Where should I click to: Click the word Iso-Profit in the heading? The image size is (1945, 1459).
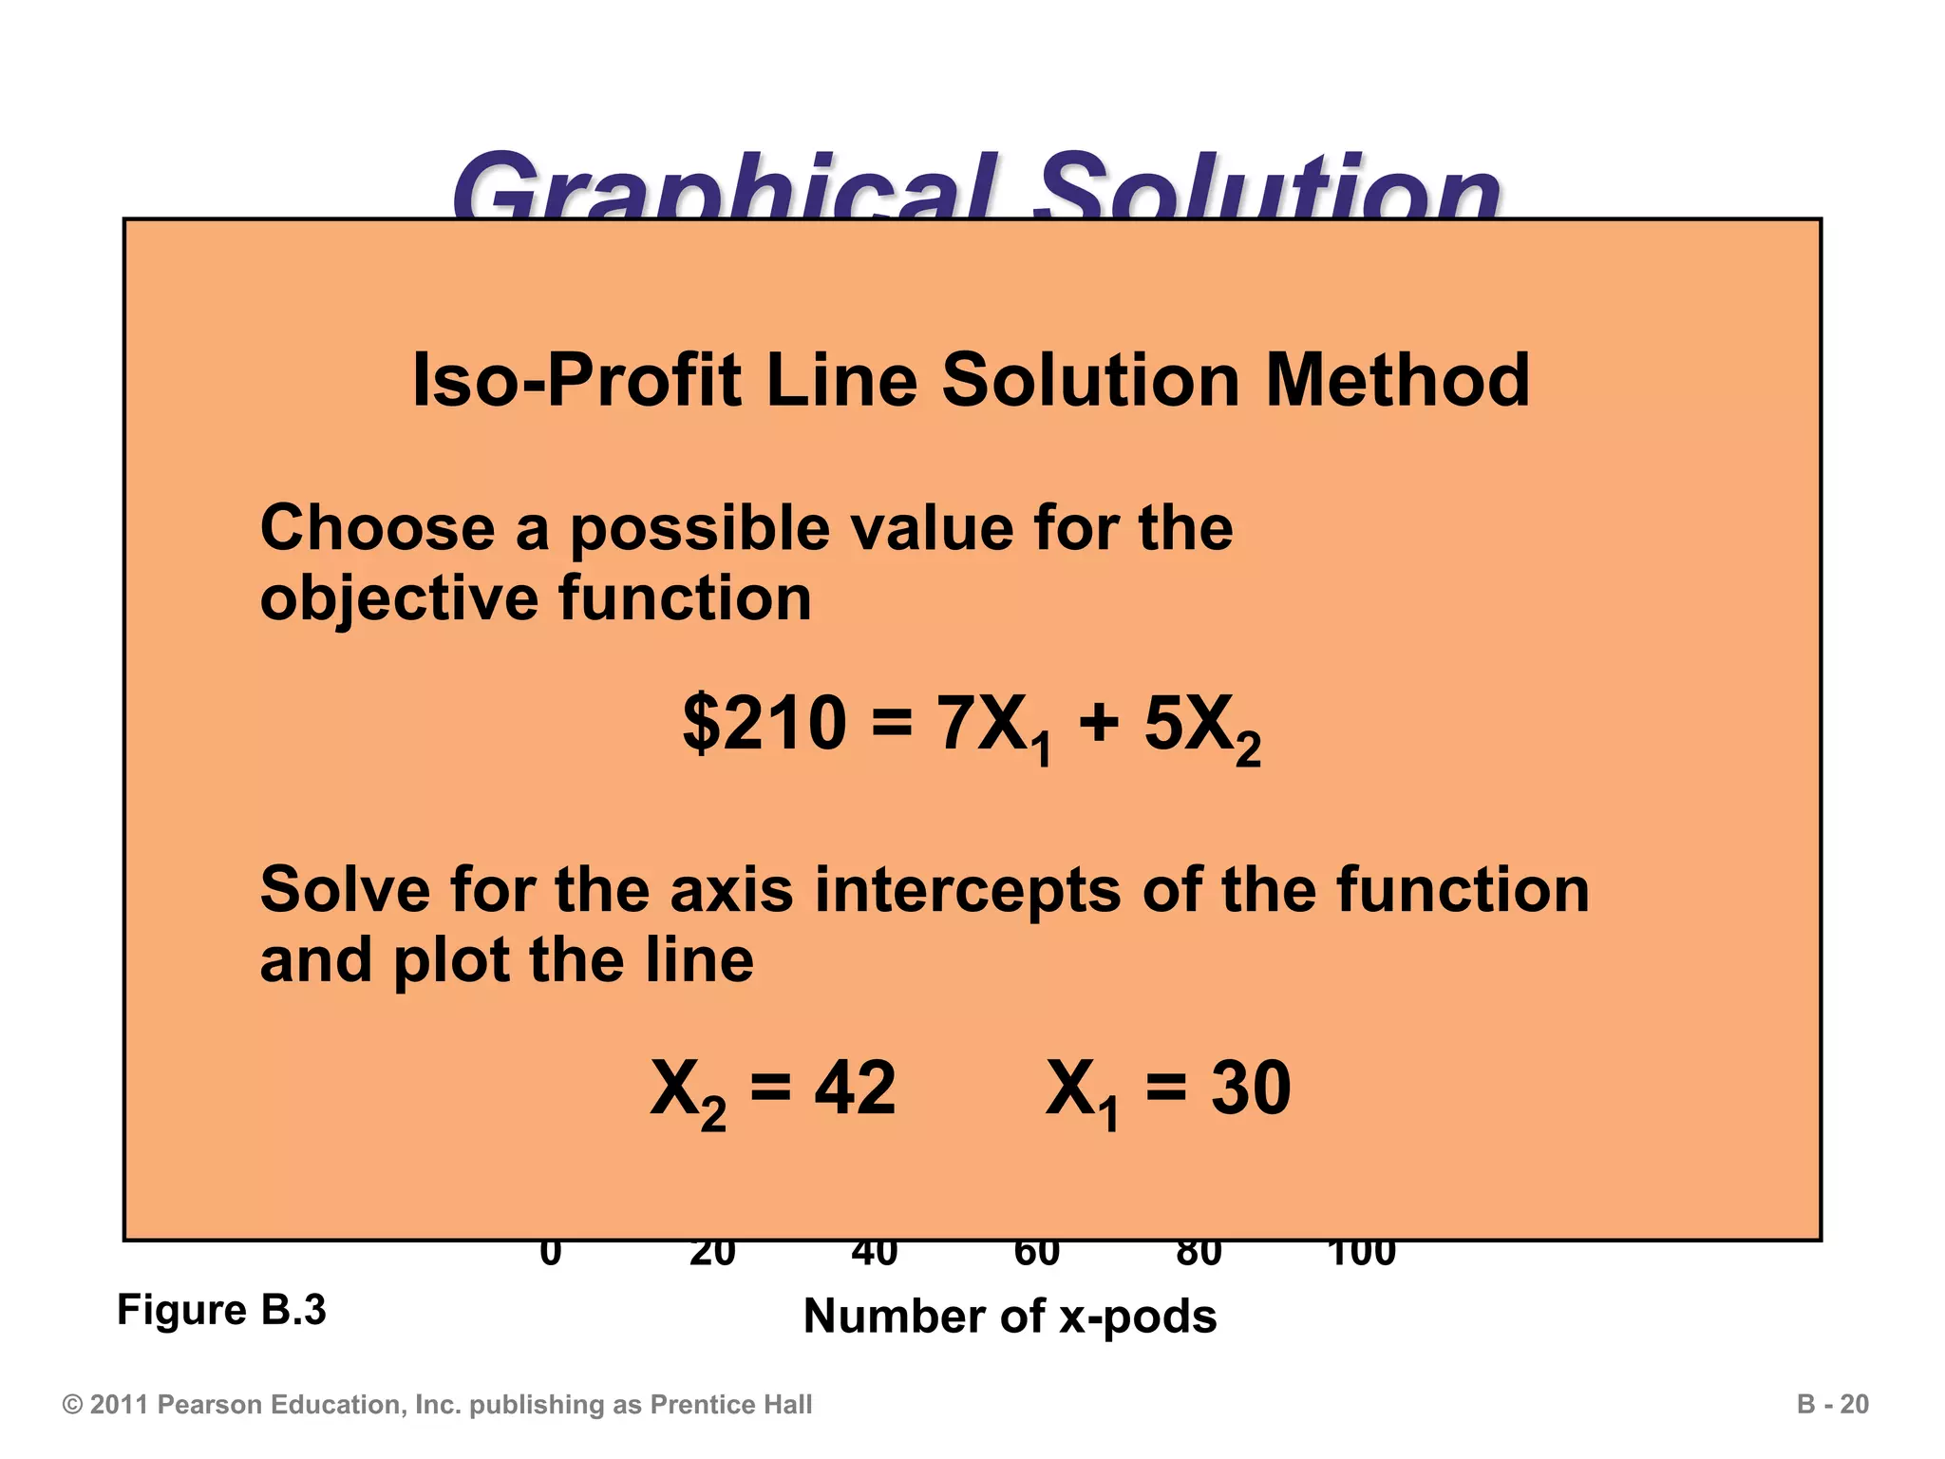point(577,380)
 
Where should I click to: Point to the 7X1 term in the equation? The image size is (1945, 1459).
point(994,728)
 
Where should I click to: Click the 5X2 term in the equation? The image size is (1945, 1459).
point(1201,728)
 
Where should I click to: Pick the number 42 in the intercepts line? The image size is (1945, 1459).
point(855,1089)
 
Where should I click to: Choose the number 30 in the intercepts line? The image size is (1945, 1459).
point(1250,1089)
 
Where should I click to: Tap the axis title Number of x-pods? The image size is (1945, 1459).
point(1010,1317)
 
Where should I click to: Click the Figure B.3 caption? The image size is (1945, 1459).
point(221,1311)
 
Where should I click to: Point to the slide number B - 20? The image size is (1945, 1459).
point(1832,1405)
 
